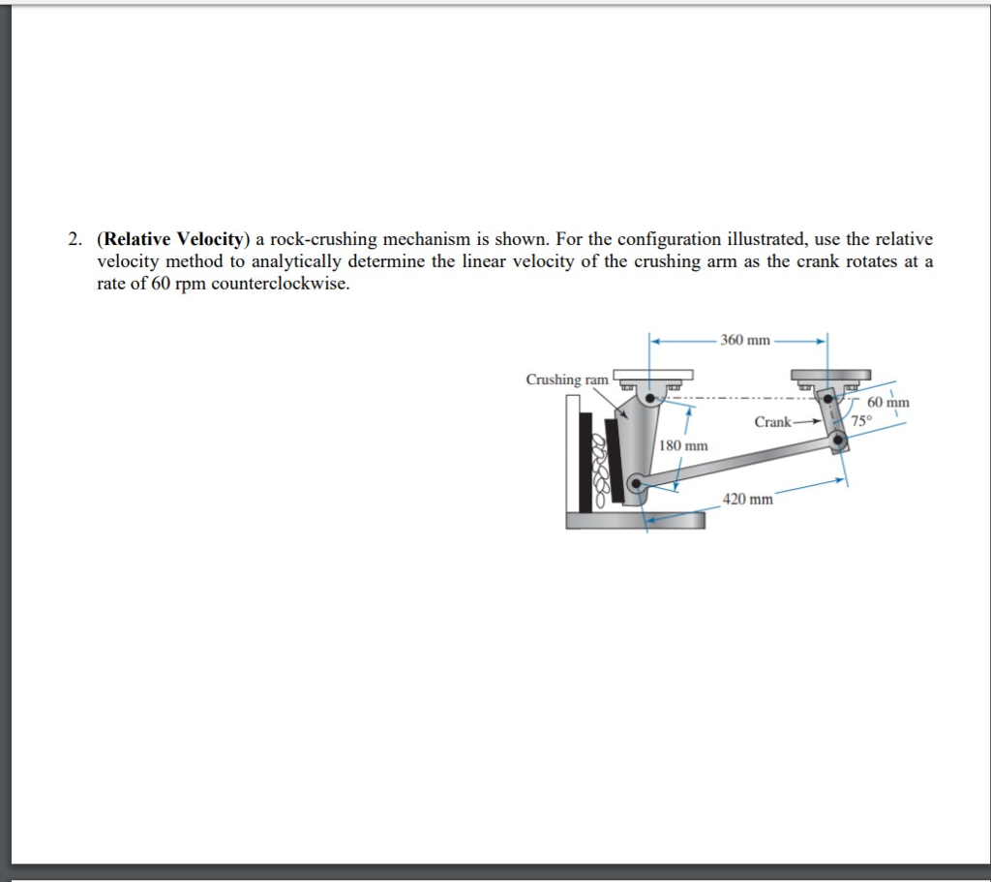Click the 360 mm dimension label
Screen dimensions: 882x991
[745, 340]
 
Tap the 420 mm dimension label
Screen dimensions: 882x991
[749, 500]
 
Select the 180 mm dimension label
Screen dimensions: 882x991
[684, 445]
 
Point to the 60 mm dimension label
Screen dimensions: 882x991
[888, 402]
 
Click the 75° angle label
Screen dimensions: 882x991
[861, 420]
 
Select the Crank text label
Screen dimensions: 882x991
[772, 422]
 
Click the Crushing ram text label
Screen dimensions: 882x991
[567, 380]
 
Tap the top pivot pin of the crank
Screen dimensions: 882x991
[828, 397]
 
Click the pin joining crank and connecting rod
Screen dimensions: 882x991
[838, 441]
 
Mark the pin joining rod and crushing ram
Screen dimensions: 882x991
[635, 482]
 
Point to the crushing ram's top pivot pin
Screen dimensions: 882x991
[651, 396]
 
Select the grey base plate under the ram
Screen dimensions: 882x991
[636, 521]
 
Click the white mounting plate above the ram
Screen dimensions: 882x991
[652, 375]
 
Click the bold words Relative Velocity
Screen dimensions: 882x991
[176, 239]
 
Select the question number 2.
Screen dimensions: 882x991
[74, 239]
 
